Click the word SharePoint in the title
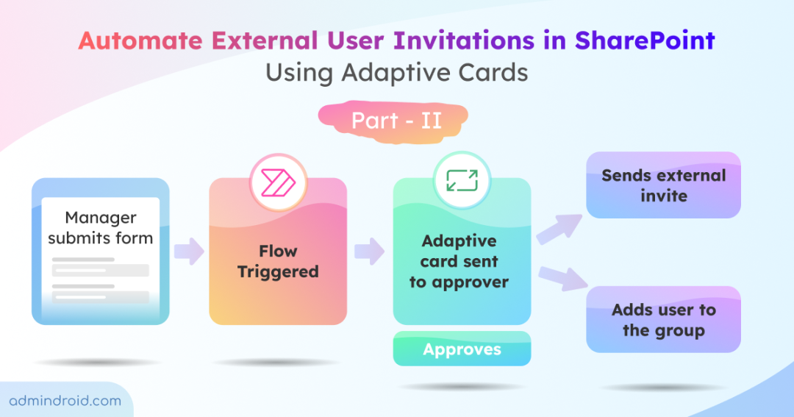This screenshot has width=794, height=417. (x=645, y=40)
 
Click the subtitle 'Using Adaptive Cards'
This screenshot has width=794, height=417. (x=396, y=73)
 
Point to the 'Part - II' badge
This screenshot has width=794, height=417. (x=396, y=120)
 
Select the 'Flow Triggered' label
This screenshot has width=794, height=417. (x=278, y=262)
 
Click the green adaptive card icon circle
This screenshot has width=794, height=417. (x=461, y=180)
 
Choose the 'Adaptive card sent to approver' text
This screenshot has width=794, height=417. (x=459, y=262)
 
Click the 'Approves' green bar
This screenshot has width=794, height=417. (x=462, y=349)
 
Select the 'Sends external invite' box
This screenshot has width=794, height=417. (x=663, y=185)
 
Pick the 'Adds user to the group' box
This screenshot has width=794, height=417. (x=663, y=320)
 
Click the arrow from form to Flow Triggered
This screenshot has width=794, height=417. (x=189, y=252)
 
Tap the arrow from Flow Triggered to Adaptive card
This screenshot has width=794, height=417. (x=369, y=252)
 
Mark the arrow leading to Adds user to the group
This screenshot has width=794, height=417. (x=562, y=279)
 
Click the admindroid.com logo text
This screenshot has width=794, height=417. (x=65, y=401)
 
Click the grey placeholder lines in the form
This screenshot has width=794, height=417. (x=100, y=279)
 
